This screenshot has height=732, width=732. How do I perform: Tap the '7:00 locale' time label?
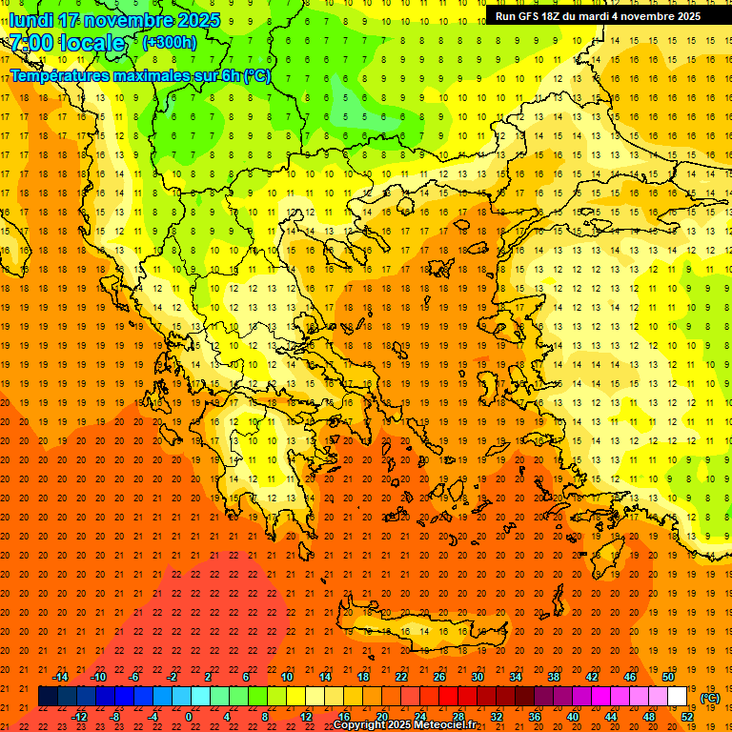68,43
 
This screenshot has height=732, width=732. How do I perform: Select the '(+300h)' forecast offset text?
169,42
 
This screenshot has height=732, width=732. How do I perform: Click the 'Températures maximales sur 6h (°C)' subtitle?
140,75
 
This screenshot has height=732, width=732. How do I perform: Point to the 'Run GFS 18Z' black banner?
598,16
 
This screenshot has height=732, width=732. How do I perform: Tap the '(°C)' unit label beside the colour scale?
710,698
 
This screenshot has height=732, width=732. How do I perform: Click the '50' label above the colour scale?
667,677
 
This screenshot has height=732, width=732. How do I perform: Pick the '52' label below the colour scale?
687,717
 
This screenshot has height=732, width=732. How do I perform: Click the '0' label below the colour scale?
189,717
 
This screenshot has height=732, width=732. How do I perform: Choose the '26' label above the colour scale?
439,677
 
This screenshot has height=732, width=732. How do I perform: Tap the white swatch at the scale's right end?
678,697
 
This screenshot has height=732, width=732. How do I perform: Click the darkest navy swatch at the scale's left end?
48,697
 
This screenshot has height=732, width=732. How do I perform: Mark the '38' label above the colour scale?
554,677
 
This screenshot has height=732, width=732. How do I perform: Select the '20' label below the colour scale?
381,717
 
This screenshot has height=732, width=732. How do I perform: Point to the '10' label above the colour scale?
287,677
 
